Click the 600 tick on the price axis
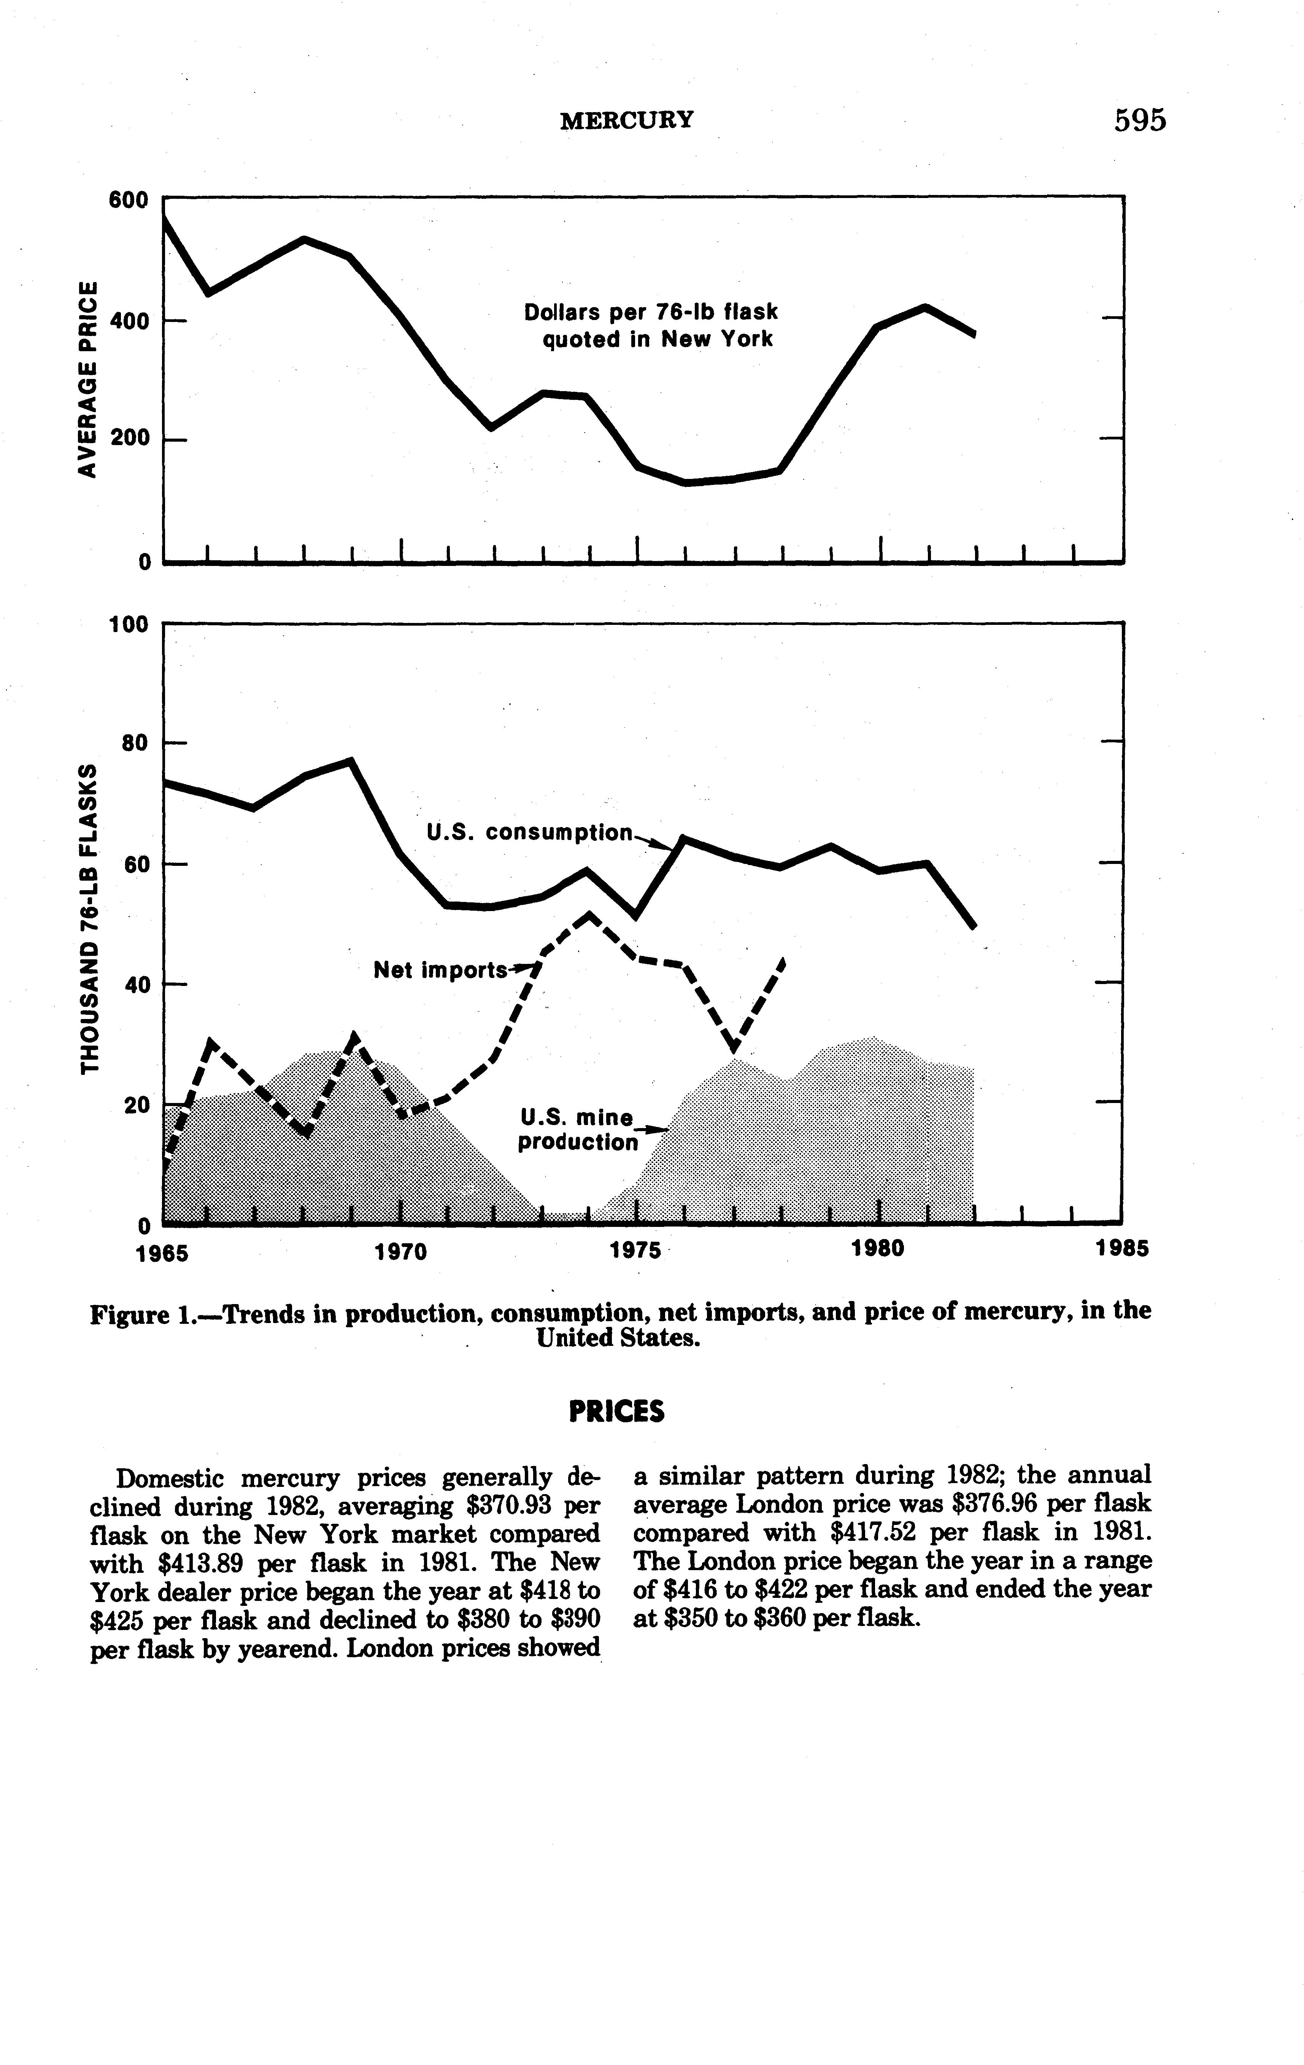[x=129, y=200]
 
